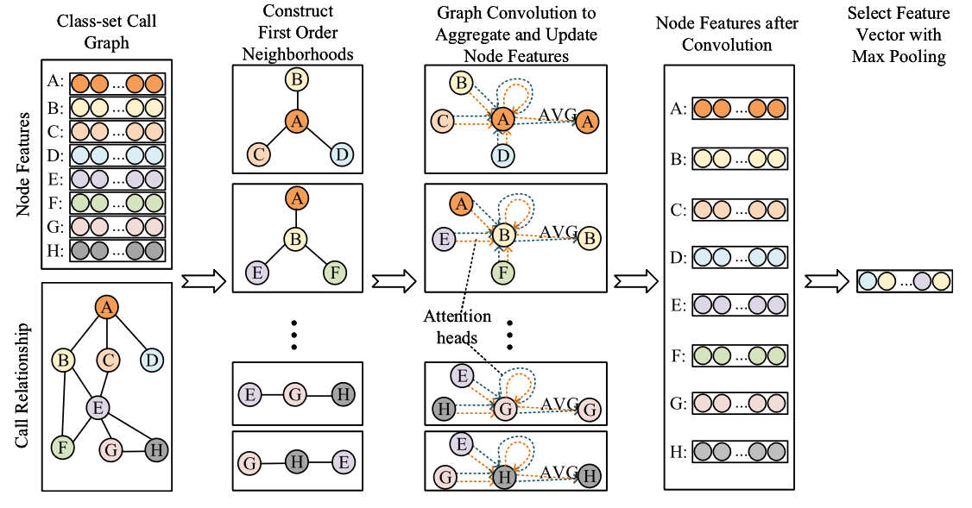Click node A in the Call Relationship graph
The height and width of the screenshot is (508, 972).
click(107, 307)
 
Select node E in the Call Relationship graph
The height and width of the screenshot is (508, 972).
click(98, 408)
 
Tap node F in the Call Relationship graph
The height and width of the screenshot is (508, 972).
click(63, 447)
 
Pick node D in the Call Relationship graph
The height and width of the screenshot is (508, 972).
click(152, 360)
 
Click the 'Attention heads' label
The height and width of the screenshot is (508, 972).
click(457, 327)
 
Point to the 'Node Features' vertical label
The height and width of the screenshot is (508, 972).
click(23, 164)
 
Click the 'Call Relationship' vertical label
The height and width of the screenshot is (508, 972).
click(22, 385)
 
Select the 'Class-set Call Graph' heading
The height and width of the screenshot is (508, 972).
click(106, 32)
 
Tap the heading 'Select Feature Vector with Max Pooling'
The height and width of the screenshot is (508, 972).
click(899, 34)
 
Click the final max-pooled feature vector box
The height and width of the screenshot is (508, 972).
click(905, 281)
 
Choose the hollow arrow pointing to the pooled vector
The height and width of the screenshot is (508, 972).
click(827, 281)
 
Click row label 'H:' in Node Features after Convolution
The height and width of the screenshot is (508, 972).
click(679, 452)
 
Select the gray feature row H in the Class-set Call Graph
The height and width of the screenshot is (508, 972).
click(117, 250)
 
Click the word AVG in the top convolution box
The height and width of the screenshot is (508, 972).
click(558, 114)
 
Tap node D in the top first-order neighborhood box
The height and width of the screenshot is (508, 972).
click(342, 154)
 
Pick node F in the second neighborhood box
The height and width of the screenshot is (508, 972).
click(335, 272)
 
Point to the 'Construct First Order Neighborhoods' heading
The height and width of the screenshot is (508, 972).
click(298, 32)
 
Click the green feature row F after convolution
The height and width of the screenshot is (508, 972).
click(740, 355)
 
